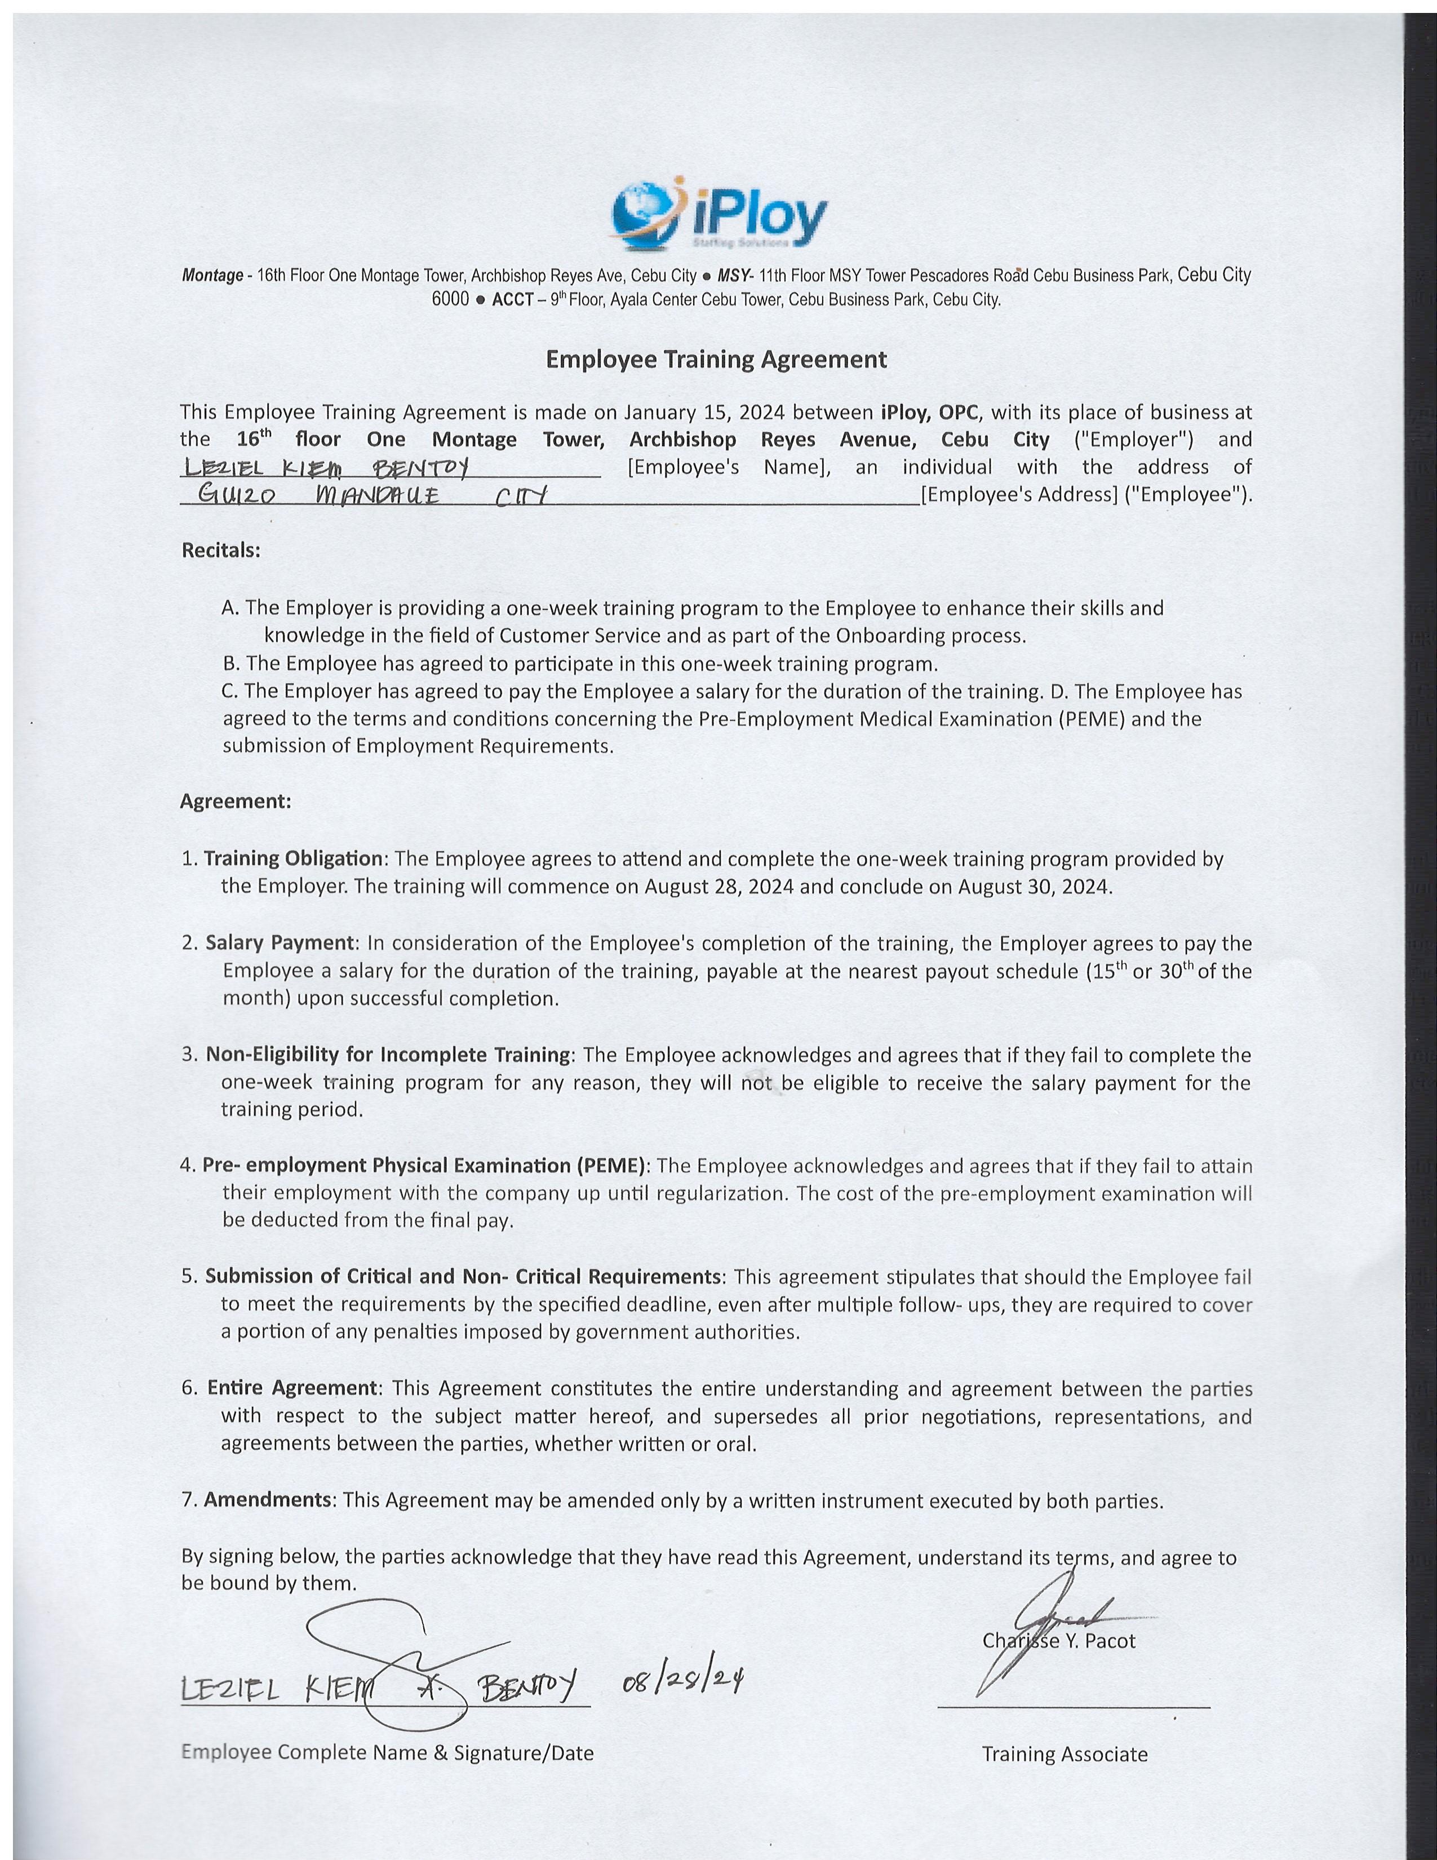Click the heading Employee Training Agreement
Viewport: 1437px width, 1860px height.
click(716, 360)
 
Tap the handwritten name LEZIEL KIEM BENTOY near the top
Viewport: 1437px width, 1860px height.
click(329, 468)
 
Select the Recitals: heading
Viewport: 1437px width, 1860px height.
click(220, 550)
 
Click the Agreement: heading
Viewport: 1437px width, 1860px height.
click(236, 801)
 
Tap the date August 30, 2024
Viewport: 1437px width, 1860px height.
click(1034, 887)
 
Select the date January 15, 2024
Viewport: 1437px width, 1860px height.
click(704, 412)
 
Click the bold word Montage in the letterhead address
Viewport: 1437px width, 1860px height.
click(212, 276)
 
